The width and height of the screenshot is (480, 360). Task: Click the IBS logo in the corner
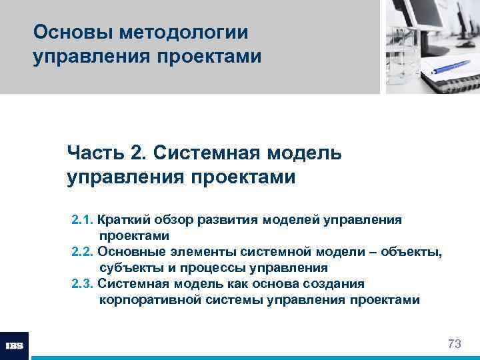15,345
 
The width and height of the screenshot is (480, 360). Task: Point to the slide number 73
454,344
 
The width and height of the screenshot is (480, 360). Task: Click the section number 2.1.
82,220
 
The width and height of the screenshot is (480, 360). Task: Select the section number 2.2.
82,252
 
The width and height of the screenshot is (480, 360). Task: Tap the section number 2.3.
82,284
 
